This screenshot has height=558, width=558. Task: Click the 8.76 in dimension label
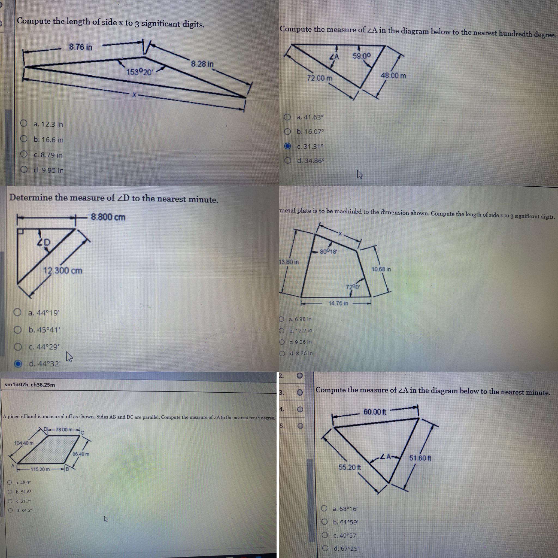coord(81,47)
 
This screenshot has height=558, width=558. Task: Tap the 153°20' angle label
coord(139,72)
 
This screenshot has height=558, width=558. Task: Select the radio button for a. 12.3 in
coord(24,124)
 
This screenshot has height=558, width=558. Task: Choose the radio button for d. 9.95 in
coord(24,169)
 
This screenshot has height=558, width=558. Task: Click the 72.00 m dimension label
coord(319,78)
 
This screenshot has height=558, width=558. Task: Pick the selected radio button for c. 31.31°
coord(287,146)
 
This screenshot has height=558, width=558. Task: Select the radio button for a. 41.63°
coord(287,117)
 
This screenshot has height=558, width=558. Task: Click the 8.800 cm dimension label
coord(108,217)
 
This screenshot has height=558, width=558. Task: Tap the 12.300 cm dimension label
coord(63,271)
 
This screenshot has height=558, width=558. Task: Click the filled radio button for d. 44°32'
coord(18,364)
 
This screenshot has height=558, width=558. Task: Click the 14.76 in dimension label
coord(338,303)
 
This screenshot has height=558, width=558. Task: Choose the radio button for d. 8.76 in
coord(282,353)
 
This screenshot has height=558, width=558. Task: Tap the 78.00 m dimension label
coord(64,429)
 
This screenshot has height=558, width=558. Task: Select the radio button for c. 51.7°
coord(10,501)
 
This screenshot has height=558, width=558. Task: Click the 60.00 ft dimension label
coord(375,412)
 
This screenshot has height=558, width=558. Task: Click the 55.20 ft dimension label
coord(350,467)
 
